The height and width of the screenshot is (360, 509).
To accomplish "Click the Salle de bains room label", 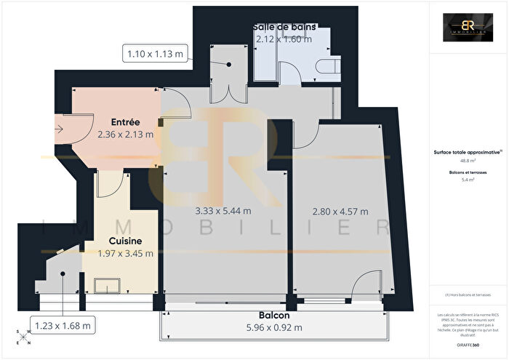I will pos(284,28).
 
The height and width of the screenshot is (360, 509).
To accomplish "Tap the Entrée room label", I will pos(125,122).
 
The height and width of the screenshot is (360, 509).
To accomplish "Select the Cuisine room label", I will pos(125,241).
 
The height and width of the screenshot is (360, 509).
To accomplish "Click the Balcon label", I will pos(274,316).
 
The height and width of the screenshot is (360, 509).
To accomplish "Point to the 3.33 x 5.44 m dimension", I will pos(223,212).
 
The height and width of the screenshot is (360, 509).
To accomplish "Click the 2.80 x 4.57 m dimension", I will pos(340,212).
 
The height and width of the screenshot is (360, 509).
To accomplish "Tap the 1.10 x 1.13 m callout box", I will pos(156,53).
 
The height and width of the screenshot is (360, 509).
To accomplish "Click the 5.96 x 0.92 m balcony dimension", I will pos(274,327).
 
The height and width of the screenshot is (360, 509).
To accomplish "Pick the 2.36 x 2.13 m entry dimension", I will pos(125,134).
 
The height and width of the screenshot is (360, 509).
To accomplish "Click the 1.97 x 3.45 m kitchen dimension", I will pos(125,253).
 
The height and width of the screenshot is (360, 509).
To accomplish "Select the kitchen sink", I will pos(104,285).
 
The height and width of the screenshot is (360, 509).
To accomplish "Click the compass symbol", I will pos(23,336).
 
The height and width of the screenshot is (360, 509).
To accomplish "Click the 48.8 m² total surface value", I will pos(462,161).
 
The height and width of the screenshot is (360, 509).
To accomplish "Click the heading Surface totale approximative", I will pos(462,153).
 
